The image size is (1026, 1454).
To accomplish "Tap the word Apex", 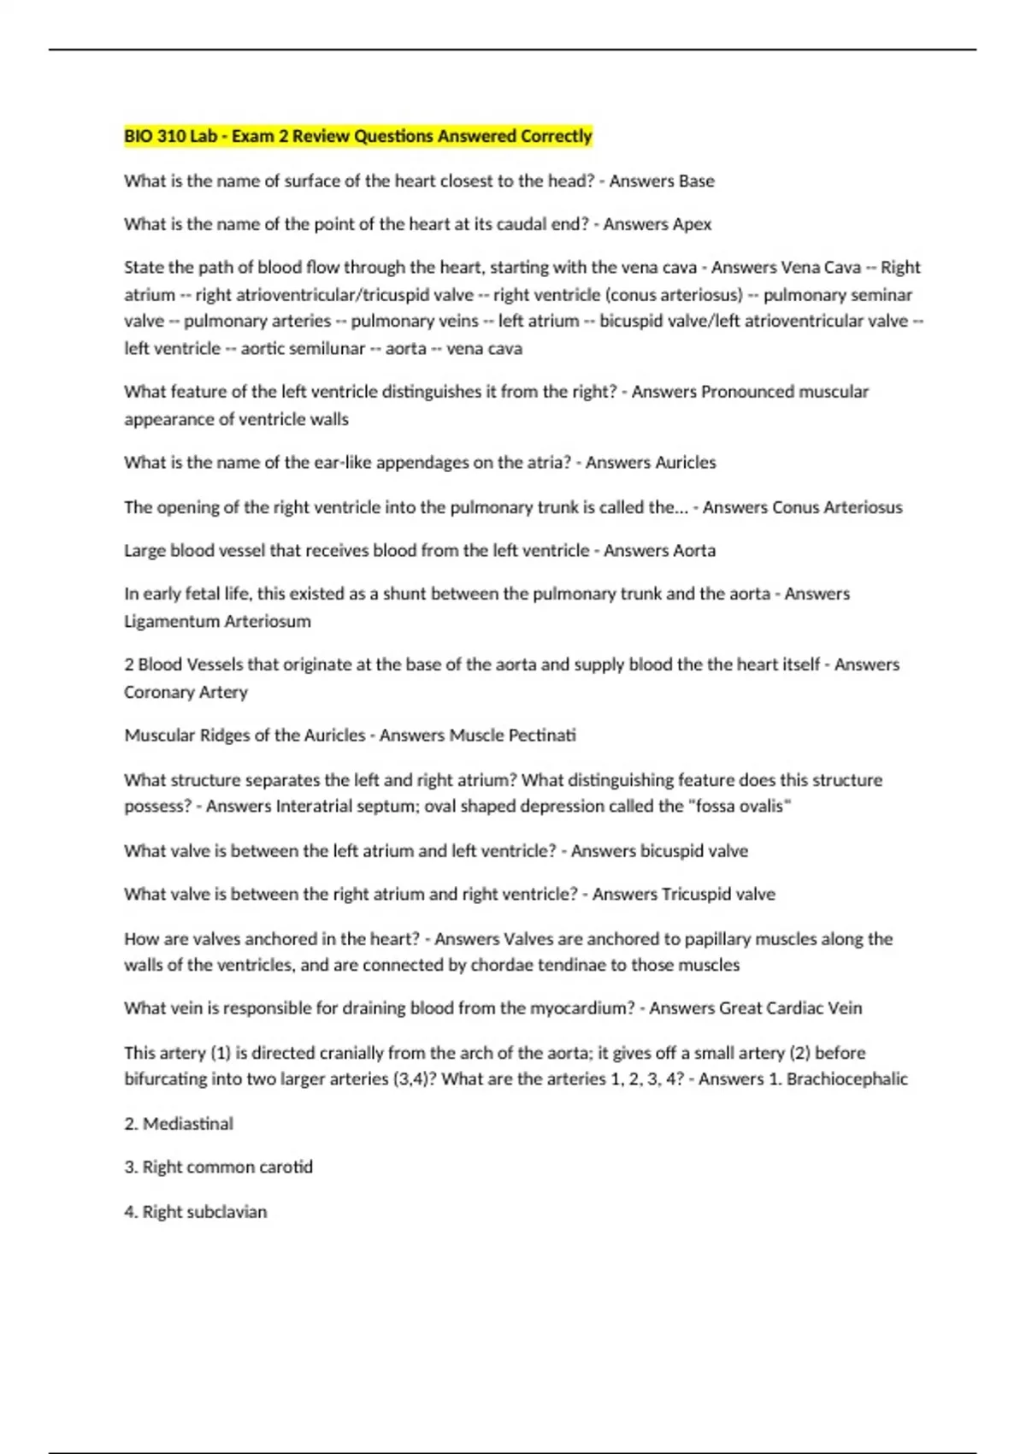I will click(692, 224).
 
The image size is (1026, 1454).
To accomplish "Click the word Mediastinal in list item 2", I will click(187, 1124).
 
